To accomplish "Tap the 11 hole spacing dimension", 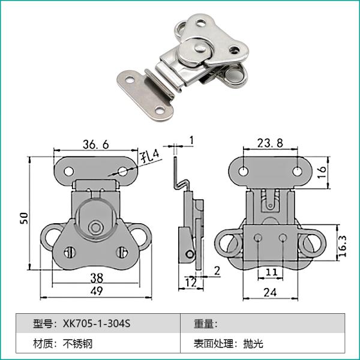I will [x=271, y=272].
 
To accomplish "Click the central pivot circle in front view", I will [x=94, y=229].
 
